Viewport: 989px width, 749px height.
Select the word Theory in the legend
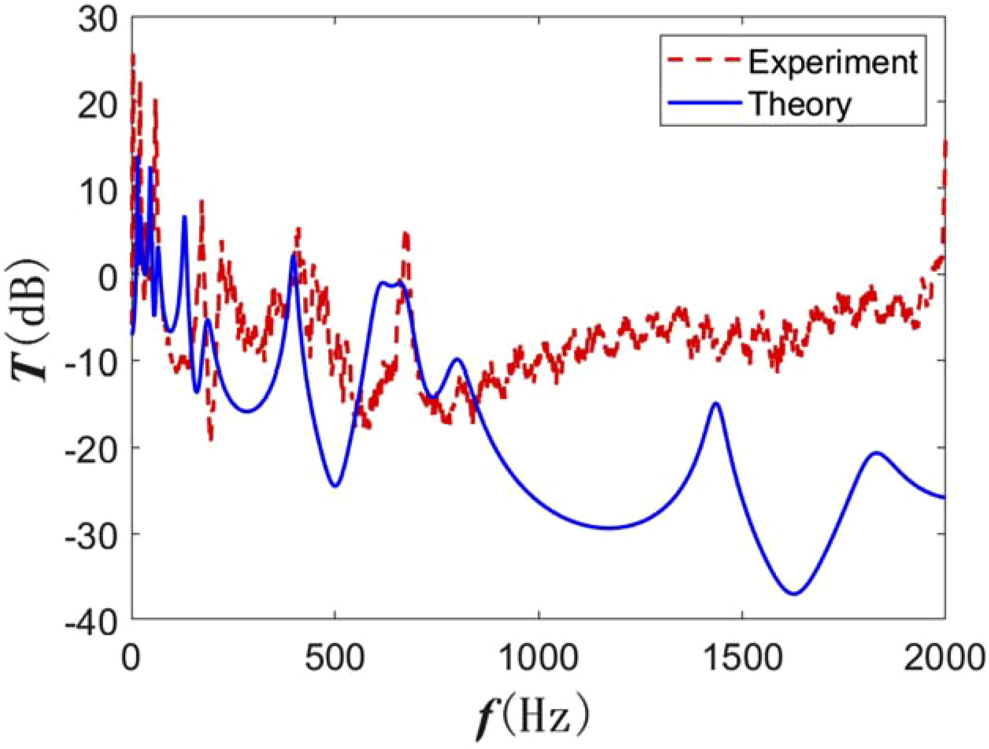point(801,103)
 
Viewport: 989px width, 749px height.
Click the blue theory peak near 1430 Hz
point(716,404)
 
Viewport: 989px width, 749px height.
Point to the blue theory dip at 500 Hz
point(335,486)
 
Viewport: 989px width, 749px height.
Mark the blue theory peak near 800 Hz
point(457,359)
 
